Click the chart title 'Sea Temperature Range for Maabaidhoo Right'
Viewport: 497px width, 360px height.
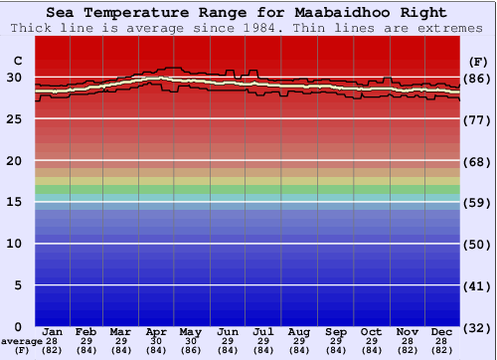point(247,13)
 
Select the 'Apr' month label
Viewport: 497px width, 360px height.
point(156,331)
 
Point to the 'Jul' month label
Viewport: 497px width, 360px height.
point(263,331)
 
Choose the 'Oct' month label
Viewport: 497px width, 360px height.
point(371,331)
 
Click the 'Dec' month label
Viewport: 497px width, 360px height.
point(442,331)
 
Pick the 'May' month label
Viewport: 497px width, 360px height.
point(190,331)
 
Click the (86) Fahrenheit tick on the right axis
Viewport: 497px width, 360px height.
point(477,79)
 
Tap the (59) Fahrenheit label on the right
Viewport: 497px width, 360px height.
point(477,203)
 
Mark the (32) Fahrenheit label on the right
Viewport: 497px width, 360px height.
point(477,327)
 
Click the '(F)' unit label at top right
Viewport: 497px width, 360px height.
point(477,62)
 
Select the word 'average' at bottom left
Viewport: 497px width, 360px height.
point(22,341)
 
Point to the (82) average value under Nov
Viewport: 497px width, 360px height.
point(407,349)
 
